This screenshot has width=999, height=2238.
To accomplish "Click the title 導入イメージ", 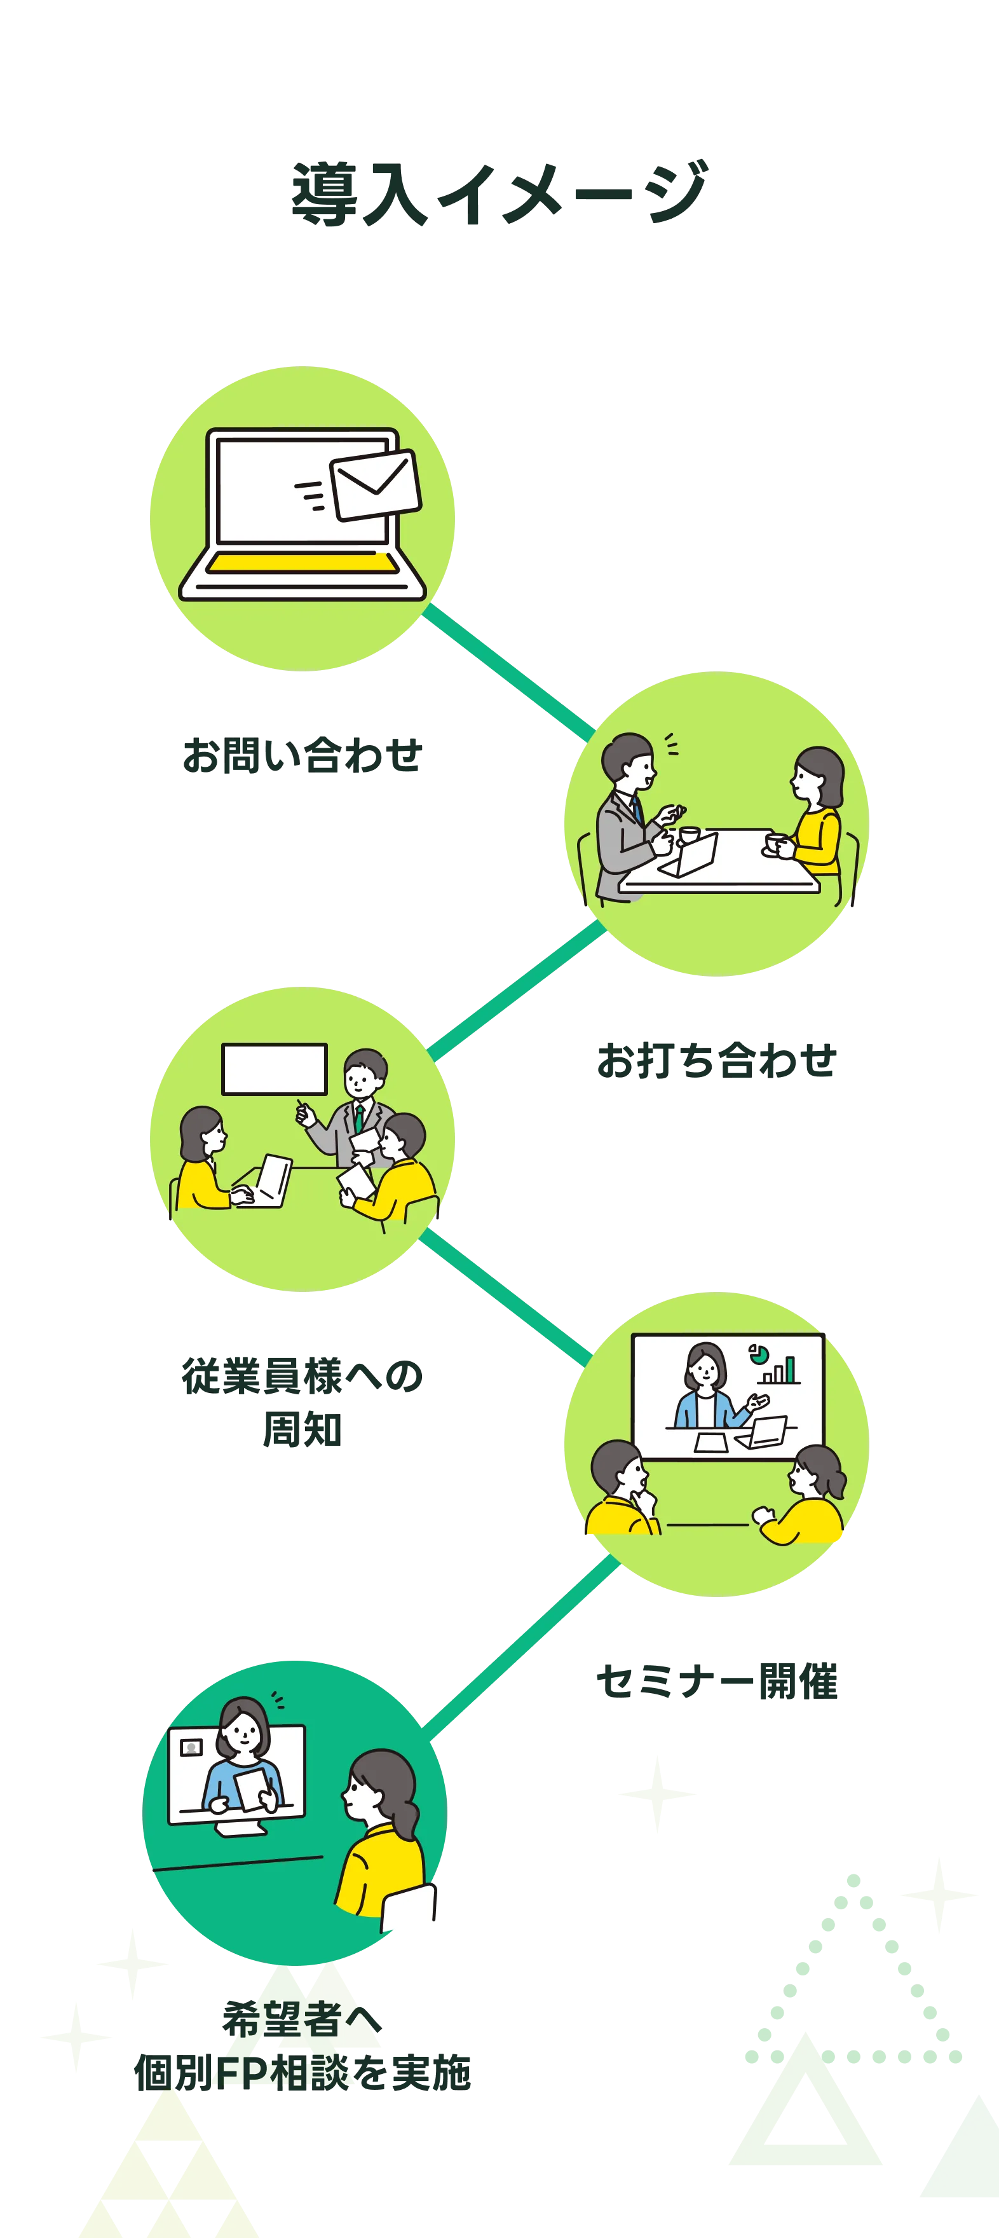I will pyautogui.click(x=499, y=193).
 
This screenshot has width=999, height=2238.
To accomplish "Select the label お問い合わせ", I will pyautogui.click(x=302, y=756).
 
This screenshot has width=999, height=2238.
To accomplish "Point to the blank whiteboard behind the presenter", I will pyautogui.click(x=275, y=1069).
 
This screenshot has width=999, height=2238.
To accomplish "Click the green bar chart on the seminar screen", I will pyautogui.click(x=778, y=1370).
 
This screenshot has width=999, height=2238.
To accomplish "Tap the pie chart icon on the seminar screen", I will pyautogui.click(x=758, y=1352).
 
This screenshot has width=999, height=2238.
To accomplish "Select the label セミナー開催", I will pyautogui.click(x=717, y=1681).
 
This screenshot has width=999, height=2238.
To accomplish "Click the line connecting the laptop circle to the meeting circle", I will pyautogui.click(x=508, y=673).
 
